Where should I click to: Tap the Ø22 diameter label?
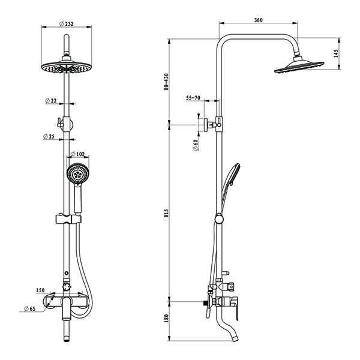tap(51, 101)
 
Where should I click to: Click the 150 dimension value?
tap(40, 290)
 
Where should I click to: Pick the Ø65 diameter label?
tap(31, 309)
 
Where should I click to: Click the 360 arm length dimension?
tap(258, 20)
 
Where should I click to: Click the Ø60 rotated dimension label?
tap(196, 145)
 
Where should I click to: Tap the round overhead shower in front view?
tap(67, 67)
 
